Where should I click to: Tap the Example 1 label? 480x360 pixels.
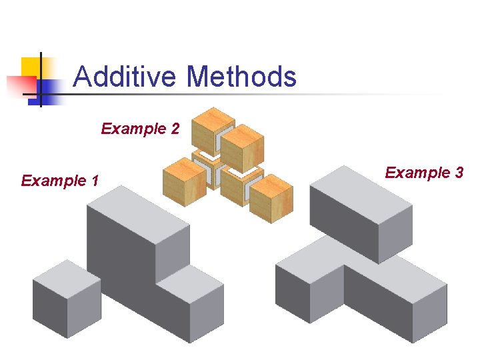[x=60, y=181]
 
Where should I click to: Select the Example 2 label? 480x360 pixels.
[x=140, y=129]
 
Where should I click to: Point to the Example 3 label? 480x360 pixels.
[x=424, y=173]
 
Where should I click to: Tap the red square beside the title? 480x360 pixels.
[x=20, y=87]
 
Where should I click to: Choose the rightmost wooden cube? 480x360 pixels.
[x=271, y=198]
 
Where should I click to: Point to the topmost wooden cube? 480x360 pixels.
[x=212, y=129]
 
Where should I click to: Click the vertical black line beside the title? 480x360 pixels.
[x=40, y=79]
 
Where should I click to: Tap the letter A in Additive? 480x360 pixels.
[x=82, y=77]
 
